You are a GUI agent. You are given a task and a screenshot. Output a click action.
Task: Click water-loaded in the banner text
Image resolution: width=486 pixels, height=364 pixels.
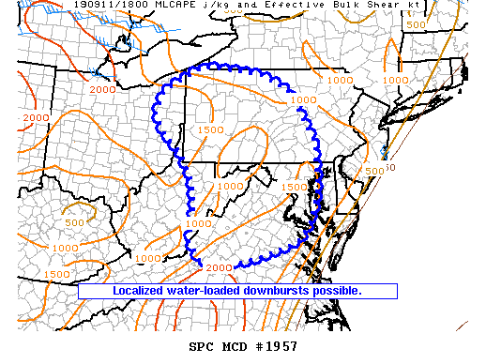[205, 291]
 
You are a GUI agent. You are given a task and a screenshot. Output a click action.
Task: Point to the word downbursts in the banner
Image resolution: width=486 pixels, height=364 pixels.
[283, 291]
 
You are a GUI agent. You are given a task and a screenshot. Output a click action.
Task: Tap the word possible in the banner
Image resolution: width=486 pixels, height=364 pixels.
[341, 291]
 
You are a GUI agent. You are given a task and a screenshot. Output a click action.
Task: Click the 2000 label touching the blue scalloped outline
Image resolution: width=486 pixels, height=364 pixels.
[218, 268]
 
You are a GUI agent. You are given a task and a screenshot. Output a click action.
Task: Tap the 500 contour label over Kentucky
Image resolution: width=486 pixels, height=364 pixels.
[76, 223]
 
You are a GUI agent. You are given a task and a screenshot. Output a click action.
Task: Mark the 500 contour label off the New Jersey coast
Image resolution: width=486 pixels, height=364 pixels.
[374, 172]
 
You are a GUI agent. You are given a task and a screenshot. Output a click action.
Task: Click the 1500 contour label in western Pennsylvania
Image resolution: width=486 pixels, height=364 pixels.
[210, 130]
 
